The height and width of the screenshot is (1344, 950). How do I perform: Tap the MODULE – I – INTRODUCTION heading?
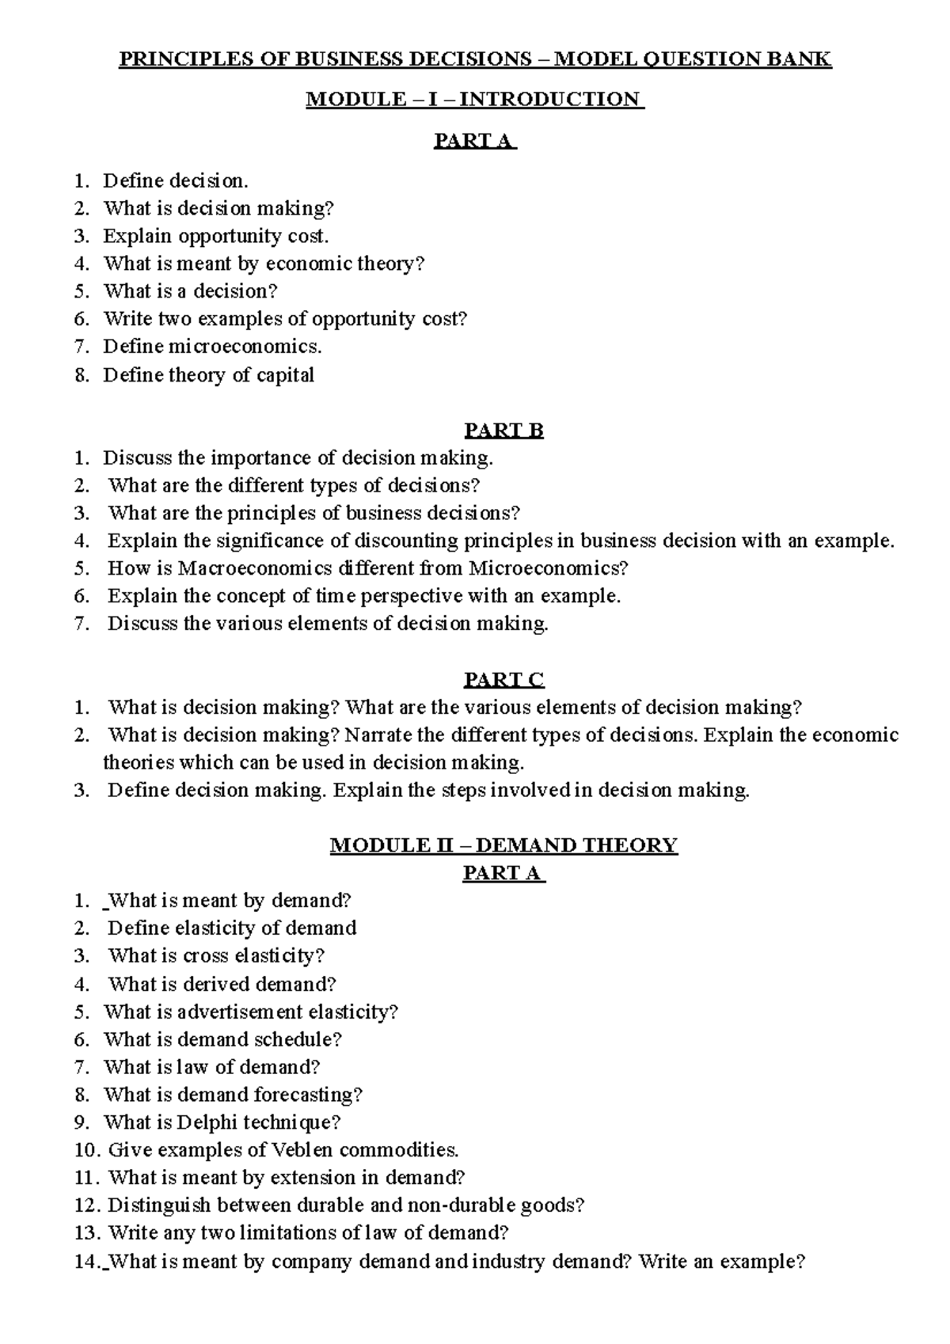pos(475,100)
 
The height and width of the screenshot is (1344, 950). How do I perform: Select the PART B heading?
pos(503,431)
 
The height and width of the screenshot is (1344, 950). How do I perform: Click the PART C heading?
pos(503,680)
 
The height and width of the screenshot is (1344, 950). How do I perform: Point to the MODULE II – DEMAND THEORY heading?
pos(503,845)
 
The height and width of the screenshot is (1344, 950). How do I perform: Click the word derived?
pos(219,985)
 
